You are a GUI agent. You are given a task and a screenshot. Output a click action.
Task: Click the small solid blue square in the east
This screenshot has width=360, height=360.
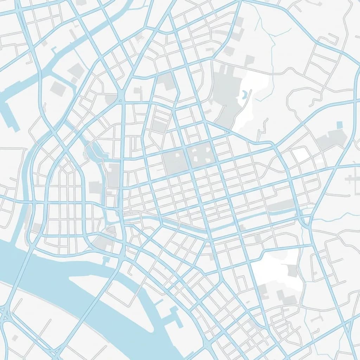339,125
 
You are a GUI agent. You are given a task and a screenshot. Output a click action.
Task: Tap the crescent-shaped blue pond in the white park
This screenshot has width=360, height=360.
244,94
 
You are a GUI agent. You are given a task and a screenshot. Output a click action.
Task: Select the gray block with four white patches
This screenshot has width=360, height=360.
200,154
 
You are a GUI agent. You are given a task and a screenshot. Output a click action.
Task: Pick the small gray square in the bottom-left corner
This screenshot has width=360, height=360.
15,338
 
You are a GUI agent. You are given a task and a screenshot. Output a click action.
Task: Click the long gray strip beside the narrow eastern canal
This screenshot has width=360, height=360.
281,205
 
